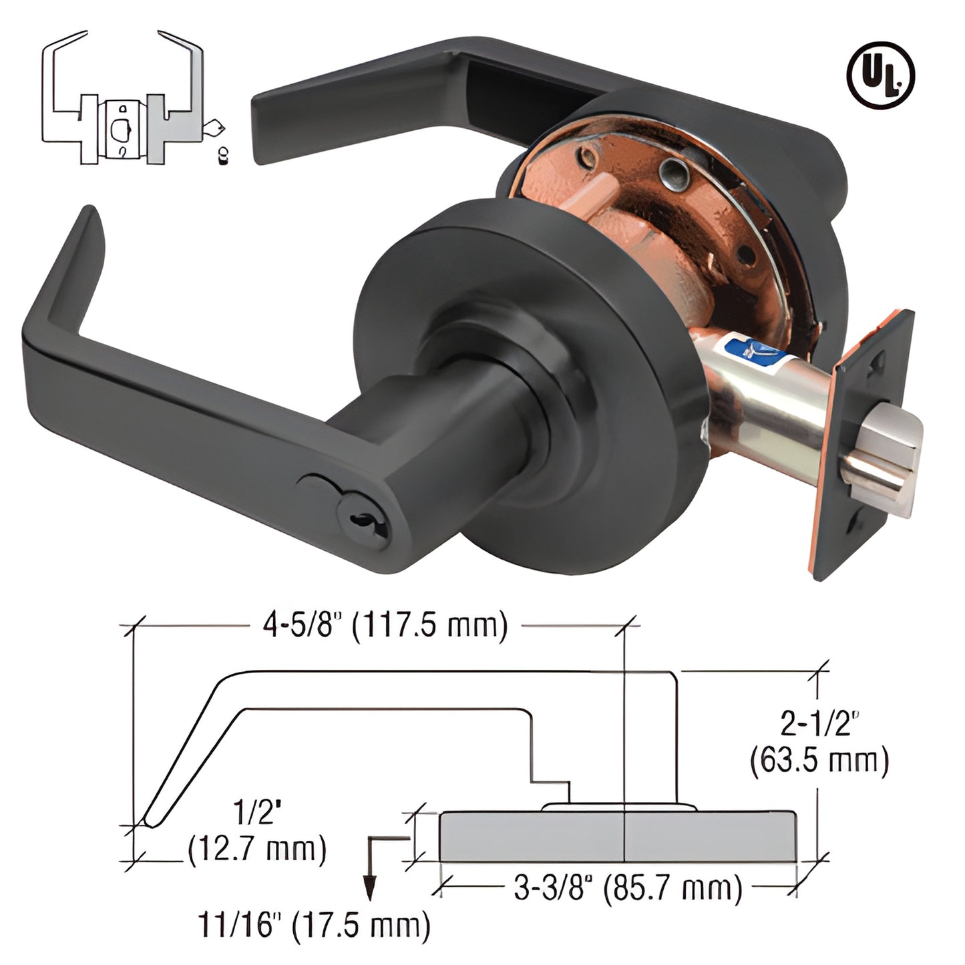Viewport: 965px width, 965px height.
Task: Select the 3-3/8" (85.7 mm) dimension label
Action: tap(628, 888)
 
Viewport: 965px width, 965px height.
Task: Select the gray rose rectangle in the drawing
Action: tap(618, 837)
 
